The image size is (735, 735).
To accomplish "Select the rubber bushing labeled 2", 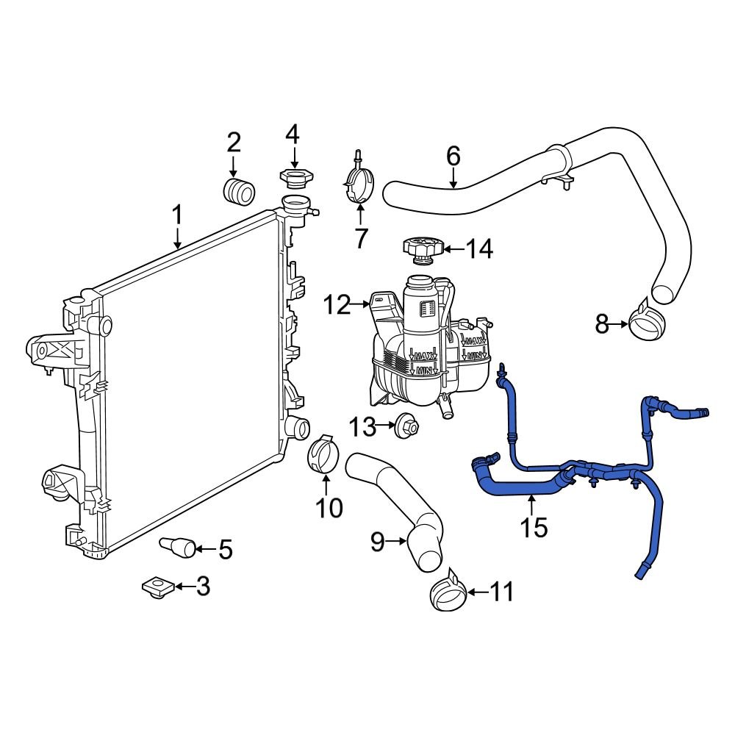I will [238, 190].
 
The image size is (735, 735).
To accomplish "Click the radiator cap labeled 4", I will [293, 178].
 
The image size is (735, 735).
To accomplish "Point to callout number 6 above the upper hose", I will [453, 156].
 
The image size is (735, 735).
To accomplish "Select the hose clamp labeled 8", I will [647, 324].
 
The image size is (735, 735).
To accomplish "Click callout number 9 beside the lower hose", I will [377, 542].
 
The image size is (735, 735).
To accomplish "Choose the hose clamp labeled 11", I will [447, 592].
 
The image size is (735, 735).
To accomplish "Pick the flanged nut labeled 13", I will [406, 426].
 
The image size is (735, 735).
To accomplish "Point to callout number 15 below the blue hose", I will [534, 527].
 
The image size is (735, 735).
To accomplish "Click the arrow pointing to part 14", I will [453, 250].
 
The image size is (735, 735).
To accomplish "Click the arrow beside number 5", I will [205, 548].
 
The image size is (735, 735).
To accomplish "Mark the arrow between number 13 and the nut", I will [387, 426].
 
